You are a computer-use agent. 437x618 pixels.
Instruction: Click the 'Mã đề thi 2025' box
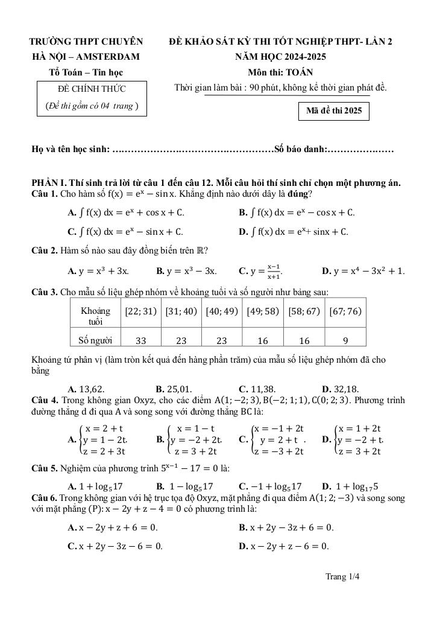(333, 112)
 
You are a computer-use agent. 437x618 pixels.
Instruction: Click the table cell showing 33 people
(140, 340)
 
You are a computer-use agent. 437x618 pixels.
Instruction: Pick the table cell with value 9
(345, 340)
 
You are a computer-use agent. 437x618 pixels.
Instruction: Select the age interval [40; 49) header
(222, 311)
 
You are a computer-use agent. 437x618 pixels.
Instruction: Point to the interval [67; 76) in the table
(345, 311)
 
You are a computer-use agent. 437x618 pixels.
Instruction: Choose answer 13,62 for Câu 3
(87, 389)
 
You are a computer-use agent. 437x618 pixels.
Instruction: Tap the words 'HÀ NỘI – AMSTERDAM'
(86, 57)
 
